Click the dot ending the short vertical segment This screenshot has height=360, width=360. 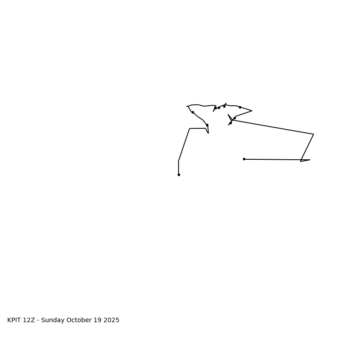coord(179,175)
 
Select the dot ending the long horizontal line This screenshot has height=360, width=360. coord(244,159)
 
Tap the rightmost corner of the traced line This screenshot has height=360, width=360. coord(314,134)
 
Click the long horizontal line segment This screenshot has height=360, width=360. coord(272,159)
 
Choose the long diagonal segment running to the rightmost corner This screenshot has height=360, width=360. coord(273,127)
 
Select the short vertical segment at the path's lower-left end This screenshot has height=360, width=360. coord(179,168)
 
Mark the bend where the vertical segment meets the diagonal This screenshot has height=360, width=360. coord(179,161)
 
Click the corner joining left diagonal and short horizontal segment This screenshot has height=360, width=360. coord(189,129)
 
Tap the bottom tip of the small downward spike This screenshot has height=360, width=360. coord(208,133)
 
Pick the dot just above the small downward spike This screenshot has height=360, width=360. coord(207,125)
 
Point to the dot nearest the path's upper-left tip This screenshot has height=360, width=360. coord(193,112)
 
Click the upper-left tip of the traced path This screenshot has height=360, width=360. coord(187,106)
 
